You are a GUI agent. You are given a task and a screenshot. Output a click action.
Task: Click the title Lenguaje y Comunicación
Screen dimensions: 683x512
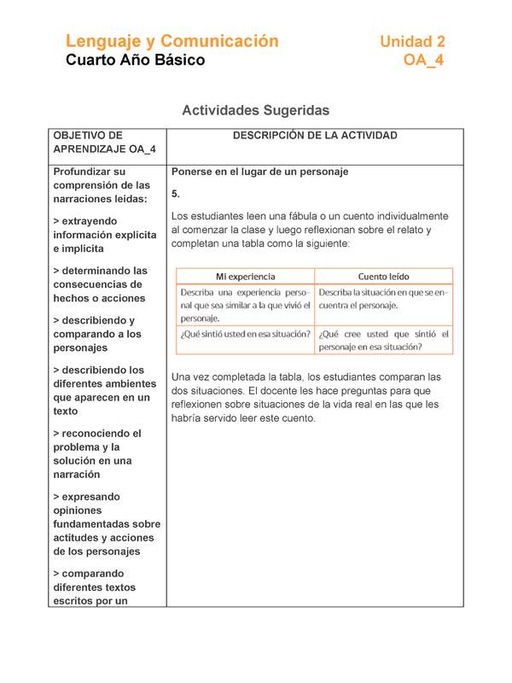pos(172,41)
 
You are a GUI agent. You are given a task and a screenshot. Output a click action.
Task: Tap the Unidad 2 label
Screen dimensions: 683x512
pos(412,41)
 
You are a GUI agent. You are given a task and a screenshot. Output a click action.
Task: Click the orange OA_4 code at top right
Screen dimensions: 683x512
pos(424,61)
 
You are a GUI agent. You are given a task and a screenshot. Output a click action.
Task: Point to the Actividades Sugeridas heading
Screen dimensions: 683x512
pos(255,111)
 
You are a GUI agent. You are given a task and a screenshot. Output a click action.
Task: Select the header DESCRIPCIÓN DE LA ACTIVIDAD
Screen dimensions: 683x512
pos(315,136)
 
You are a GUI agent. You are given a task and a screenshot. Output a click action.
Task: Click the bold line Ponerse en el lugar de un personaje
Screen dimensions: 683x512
pos(260,172)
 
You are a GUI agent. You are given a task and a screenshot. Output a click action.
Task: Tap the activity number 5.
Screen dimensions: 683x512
pos(176,194)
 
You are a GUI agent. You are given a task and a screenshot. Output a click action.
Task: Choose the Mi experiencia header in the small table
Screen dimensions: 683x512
pos(245,277)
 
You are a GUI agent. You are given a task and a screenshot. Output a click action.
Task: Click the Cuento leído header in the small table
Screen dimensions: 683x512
pos(383,277)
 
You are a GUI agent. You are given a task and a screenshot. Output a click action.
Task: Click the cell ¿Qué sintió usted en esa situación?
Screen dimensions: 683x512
pos(245,334)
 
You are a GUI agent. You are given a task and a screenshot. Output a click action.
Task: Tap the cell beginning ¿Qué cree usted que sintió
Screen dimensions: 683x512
pos(383,340)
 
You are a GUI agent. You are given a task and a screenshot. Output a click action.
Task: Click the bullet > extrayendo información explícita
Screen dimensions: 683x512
pos(104,235)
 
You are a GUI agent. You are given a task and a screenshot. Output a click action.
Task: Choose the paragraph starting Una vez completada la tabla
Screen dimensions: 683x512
pos(305,397)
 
